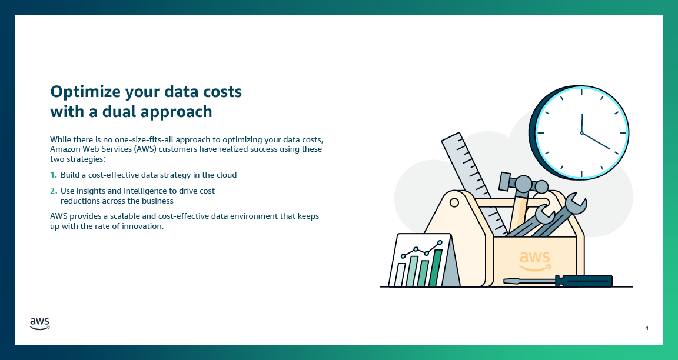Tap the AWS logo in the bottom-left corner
pyautogui.click(x=40, y=324)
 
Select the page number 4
pyautogui.click(x=647, y=328)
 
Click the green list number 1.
pyautogui.click(x=54, y=175)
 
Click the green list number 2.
pyautogui.click(x=54, y=191)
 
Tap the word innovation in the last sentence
pyautogui.click(x=139, y=226)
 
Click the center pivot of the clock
pyautogui.click(x=581, y=133)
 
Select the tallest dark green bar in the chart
pyautogui.click(x=436, y=268)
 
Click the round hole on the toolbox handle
pyautogui.click(x=454, y=203)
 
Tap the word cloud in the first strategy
pyautogui.click(x=225, y=175)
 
